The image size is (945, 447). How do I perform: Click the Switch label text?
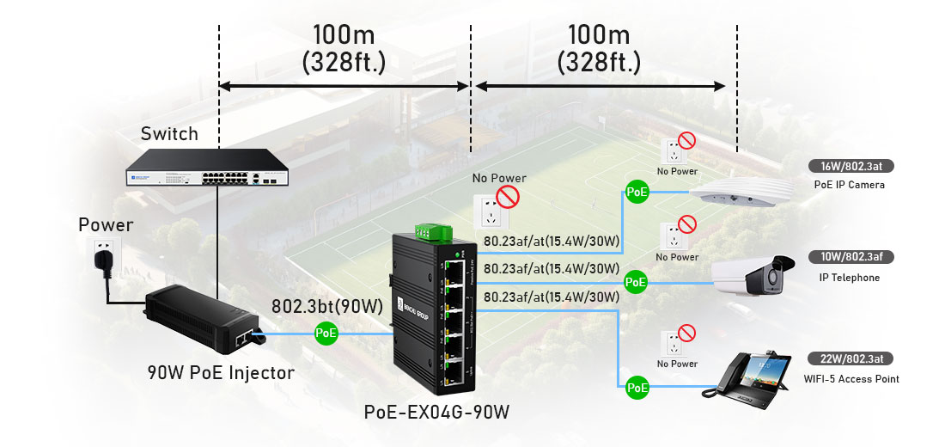pos(169,134)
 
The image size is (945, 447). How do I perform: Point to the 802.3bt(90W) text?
pos(326,306)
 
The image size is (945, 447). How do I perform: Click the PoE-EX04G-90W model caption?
pos(436,412)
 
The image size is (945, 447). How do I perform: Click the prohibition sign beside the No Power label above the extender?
pos(509,198)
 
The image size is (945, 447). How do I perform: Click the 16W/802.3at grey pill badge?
pos(847,167)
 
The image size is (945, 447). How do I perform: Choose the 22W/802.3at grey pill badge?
pos(847,359)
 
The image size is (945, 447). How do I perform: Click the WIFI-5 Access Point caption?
pos(851,379)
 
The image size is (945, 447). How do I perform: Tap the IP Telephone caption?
pos(849,279)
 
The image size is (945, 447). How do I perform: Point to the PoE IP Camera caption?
pos(849,185)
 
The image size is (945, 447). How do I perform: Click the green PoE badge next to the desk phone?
pos(637,389)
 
